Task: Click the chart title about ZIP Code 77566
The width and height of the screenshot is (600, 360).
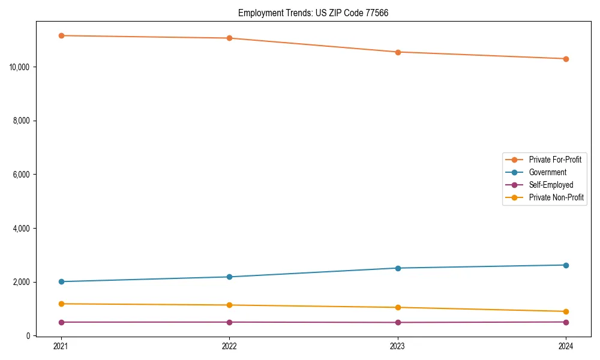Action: [x=313, y=13]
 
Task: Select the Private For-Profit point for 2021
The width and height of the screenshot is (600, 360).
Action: [x=61, y=35]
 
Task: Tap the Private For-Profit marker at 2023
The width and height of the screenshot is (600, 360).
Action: [x=398, y=52]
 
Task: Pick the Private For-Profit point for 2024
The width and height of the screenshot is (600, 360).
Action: [x=566, y=59]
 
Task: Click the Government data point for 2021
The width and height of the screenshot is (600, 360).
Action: [x=61, y=281]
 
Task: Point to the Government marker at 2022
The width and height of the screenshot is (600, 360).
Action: [x=229, y=277]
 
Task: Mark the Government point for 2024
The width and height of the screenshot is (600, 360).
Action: [x=566, y=265]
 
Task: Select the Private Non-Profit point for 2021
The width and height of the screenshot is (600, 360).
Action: [x=61, y=304]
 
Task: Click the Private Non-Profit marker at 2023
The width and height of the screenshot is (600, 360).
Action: [x=398, y=307]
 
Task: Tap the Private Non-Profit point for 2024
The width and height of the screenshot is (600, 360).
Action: [x=566, y=311]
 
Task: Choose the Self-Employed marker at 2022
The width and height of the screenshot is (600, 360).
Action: [x=229, y=322]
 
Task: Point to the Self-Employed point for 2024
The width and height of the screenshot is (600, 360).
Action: [x=566, y=322]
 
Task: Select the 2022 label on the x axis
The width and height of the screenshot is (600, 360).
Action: [x=229, y=346]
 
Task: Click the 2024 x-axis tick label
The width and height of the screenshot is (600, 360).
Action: [x=566, y=346]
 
